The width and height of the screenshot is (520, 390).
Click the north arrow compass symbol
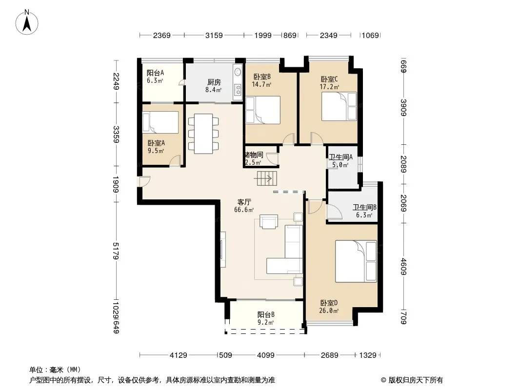[x=27, y=22]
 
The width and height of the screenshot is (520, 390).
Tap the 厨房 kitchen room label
[x=214, y=82]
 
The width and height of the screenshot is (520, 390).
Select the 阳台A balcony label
[x=155, y=73]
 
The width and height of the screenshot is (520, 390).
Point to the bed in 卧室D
[x=356, y=261]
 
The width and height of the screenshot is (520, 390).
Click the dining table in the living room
[x=203, y=134]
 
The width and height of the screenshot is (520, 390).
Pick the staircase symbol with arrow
[x=266, y=179]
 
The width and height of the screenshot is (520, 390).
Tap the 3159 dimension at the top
[x=214, y=35]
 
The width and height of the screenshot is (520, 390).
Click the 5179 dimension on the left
[x=116, y=251]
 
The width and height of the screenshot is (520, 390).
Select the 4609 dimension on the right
[x=403, y=266]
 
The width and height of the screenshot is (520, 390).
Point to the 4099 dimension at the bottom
[x=266, y=355]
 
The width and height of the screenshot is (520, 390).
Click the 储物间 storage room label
[x=254, y=155]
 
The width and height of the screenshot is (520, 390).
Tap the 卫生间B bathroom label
[x=364, y=207]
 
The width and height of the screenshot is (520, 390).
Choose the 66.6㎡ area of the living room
[x=244, y=210]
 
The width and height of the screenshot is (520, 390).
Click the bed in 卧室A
[x=160, y=122]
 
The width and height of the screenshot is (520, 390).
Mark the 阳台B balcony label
[x=266, y=314]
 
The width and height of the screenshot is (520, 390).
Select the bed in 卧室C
[x=339, y=106]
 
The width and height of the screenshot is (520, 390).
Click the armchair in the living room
[x=269, y=222]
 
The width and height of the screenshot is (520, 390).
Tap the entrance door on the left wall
[x=144, y=182]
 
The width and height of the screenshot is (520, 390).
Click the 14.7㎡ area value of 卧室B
[x=261, y=84]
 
